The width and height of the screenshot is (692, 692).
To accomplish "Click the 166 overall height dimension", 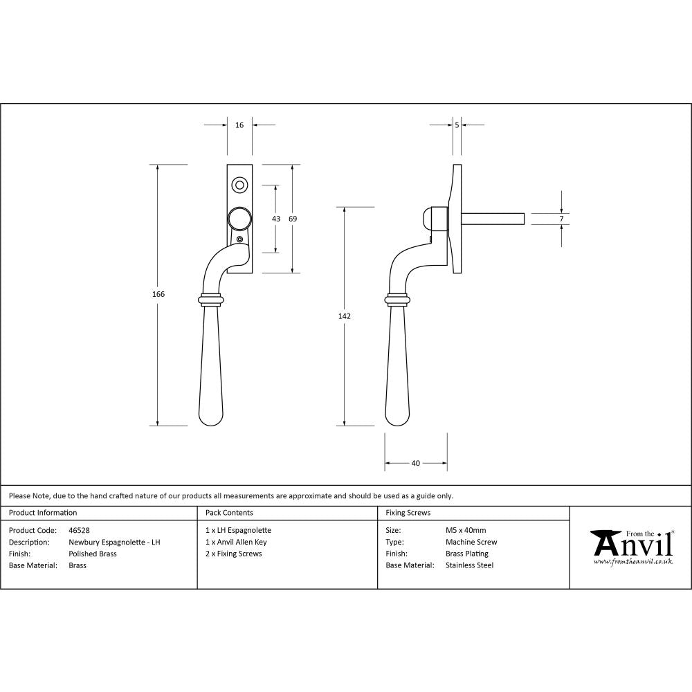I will pyautogui.click(x=158, y=294).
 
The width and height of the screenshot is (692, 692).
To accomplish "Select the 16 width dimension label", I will pyautogui.click(x=239, y=125).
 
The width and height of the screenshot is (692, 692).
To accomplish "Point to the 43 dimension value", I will pyautogui.click(x=276, y=219).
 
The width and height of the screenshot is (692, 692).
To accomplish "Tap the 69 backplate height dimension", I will pyautogui.click(x=293, y=219).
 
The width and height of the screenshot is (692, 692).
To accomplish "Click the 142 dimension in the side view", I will pyautogui.click(x=345, y=316).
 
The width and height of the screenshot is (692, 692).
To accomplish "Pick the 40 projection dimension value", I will pyautogui.click(x=415, y=464).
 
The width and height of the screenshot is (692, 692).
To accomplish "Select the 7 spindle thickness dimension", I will pyautogui.click(x=562, y=219).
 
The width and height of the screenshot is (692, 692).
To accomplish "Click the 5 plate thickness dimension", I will pyautogui.click(x=457, y=125).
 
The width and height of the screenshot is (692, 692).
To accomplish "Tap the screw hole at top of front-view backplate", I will pyautogui.click(x=239, y=185).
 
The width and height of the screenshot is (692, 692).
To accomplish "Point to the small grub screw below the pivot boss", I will pyautogui.click(x=240, y=239).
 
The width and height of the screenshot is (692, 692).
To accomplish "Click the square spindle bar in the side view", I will pyautogui.click(x=493, y=219).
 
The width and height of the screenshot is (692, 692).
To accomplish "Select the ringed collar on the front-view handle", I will pyautogui.click(x=213, y=300).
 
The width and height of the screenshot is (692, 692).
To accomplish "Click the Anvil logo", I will pyautogui.click(x=631, y=547).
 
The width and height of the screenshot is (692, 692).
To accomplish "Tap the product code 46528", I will pyautogui.click(x=80, y=530).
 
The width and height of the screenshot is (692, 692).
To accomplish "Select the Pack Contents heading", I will pyautogui.click(x=229, y=513).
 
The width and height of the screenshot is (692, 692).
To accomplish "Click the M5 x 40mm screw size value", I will pyautogui.click(x=466, y=530).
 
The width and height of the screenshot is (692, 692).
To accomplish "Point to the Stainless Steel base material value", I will pyautogui.click(x=469, y=565).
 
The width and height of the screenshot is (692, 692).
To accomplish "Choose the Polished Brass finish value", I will pyautogui.click(x=93, y=554).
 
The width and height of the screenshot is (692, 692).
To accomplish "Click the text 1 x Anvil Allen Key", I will pyautogui.click(x=236, y=542).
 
